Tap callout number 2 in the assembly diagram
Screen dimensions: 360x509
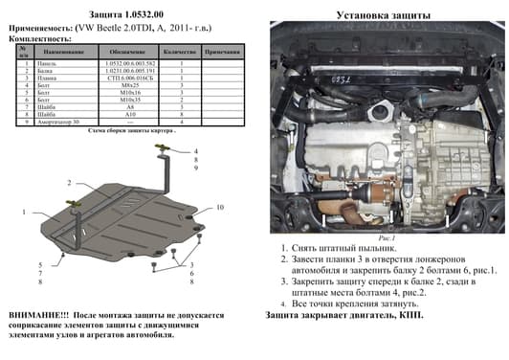coord(69,182)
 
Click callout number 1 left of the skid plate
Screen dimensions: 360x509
coord(23,209)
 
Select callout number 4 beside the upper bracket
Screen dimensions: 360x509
coord(194,151)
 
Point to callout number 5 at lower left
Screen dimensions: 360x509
coord(41,264)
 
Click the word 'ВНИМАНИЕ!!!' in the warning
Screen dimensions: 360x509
coord(37,313)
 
